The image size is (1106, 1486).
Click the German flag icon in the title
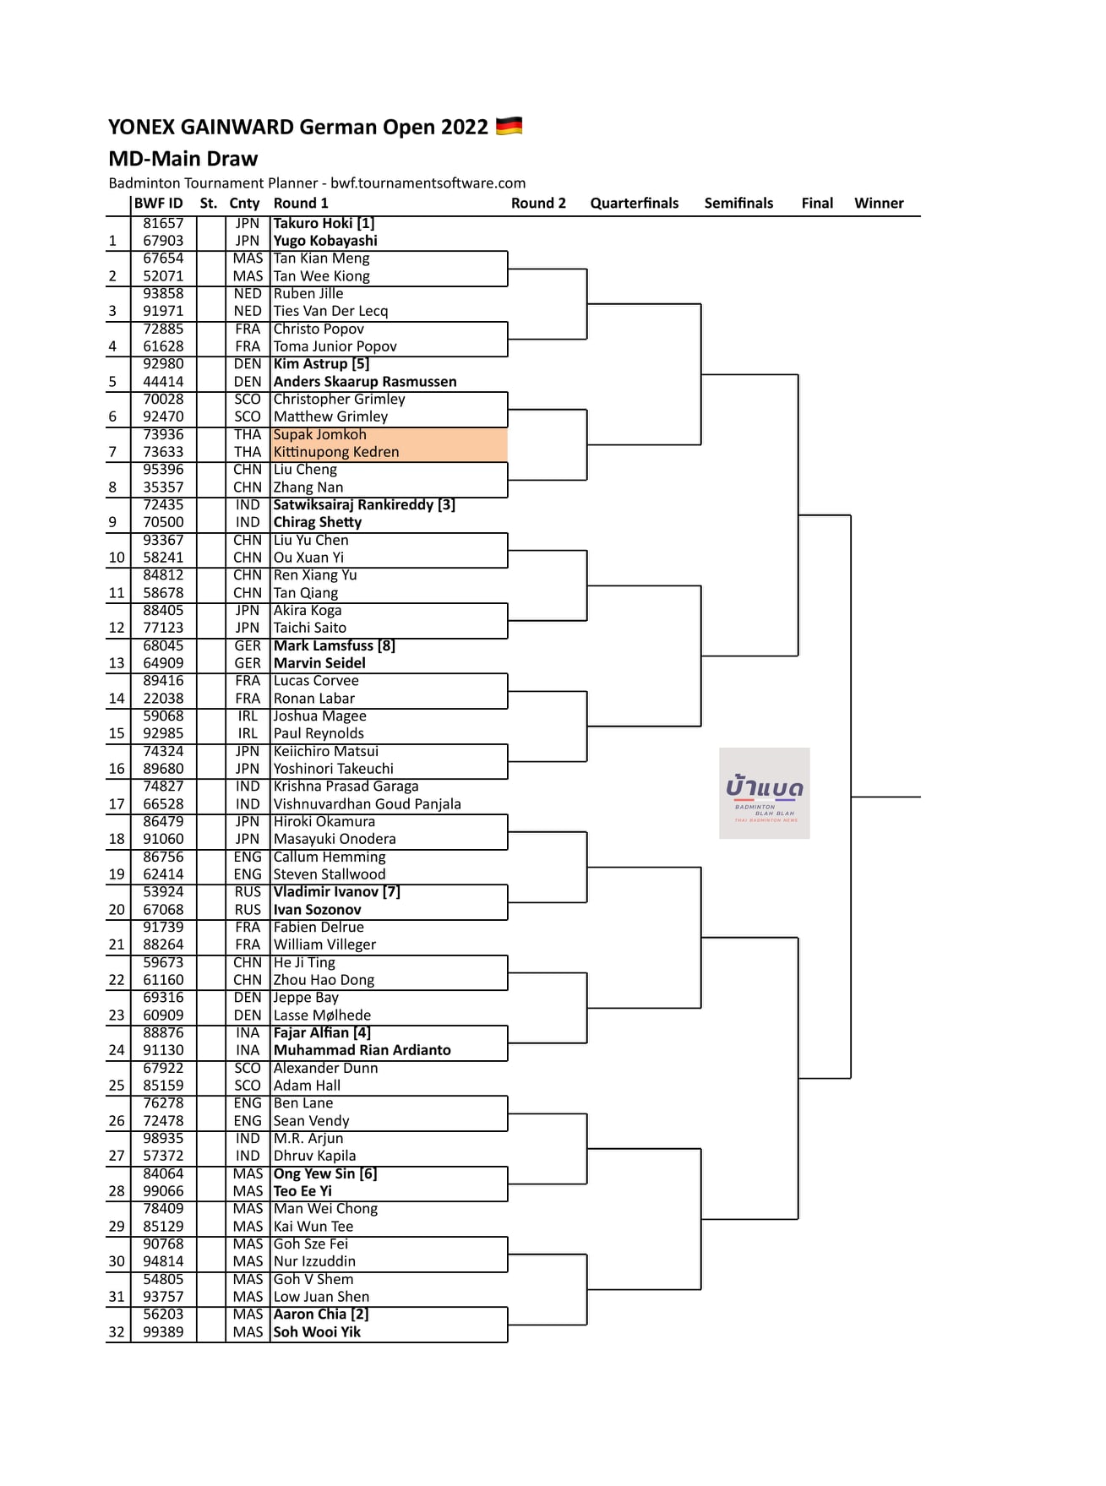(x=509, y=127)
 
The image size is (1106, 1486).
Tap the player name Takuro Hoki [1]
(x=324, y=223)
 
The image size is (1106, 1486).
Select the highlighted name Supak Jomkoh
(x=319, y=434)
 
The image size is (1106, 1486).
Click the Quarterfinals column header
(x=634, y=203)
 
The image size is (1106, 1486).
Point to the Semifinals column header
(x=738, y=203)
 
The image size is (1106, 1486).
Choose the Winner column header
(x=879, y=203)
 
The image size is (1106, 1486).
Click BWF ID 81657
(x=163, y=223)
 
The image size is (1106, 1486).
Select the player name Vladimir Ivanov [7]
(x=336, y=891)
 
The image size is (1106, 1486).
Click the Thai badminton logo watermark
(x=765, y=792)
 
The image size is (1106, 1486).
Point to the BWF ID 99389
(x=163, y=1331)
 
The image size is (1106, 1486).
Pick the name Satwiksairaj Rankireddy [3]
(x=364, y=504)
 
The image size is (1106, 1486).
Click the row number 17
(x=117, y=803)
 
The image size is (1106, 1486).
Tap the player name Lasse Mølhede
(x=322, y=1015)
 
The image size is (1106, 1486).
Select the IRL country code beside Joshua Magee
(x=248, y=716)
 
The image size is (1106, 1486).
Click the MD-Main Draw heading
(x=183, y=159)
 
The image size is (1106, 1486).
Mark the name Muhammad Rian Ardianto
(x=362, y=1050)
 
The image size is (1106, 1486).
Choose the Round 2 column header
(x=538, y=203)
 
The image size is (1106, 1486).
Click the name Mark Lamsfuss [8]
(x=334, y=645)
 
